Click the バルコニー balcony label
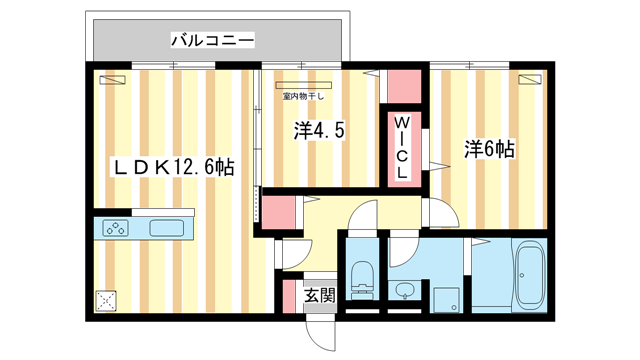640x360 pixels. coord(212,40)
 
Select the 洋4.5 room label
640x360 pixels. coord(320,131)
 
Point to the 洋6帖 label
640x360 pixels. coord(490,149)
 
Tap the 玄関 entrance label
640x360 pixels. coord(320,295)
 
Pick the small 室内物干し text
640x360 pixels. coord(305,97)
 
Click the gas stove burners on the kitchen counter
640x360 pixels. coord(117,228)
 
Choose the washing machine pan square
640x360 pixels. coord(446,298)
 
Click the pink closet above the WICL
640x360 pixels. coord(404,87)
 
